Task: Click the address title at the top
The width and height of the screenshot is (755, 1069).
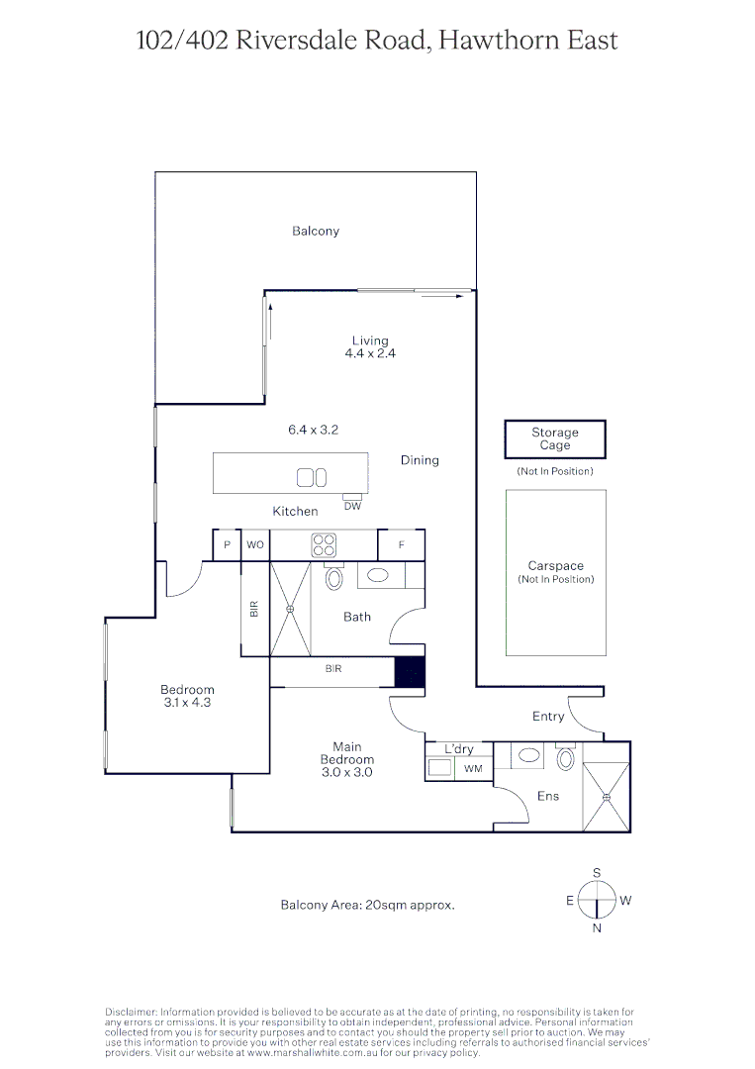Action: point(377,41)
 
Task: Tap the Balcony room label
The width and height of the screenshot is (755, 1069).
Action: point(316,231)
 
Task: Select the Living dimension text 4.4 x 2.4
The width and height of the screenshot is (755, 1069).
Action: point(370,353)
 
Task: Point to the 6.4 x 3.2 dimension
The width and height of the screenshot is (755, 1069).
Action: point(312,430)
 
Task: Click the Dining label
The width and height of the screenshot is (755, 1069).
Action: point(420,460)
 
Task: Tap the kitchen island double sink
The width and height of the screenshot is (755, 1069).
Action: point(312,478)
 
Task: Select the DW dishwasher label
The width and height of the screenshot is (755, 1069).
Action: point(352,506)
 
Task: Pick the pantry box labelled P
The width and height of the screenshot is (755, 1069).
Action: point(228,545)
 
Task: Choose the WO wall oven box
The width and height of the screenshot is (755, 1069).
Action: point(255,545)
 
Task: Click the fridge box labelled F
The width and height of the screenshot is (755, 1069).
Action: point(402,545)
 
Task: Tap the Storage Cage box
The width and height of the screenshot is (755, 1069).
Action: point(554,438)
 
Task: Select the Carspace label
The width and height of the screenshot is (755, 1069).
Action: point(555,566)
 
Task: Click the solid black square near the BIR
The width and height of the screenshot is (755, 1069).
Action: point(410,672)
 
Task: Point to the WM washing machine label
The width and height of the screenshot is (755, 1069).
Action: point(473,768)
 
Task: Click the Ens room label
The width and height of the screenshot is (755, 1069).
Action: point(547,796)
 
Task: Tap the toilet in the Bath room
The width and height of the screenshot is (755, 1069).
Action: point(333,578)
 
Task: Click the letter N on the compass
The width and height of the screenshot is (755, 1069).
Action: point(597,928)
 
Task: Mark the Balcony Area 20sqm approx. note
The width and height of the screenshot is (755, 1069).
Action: point(368,905)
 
